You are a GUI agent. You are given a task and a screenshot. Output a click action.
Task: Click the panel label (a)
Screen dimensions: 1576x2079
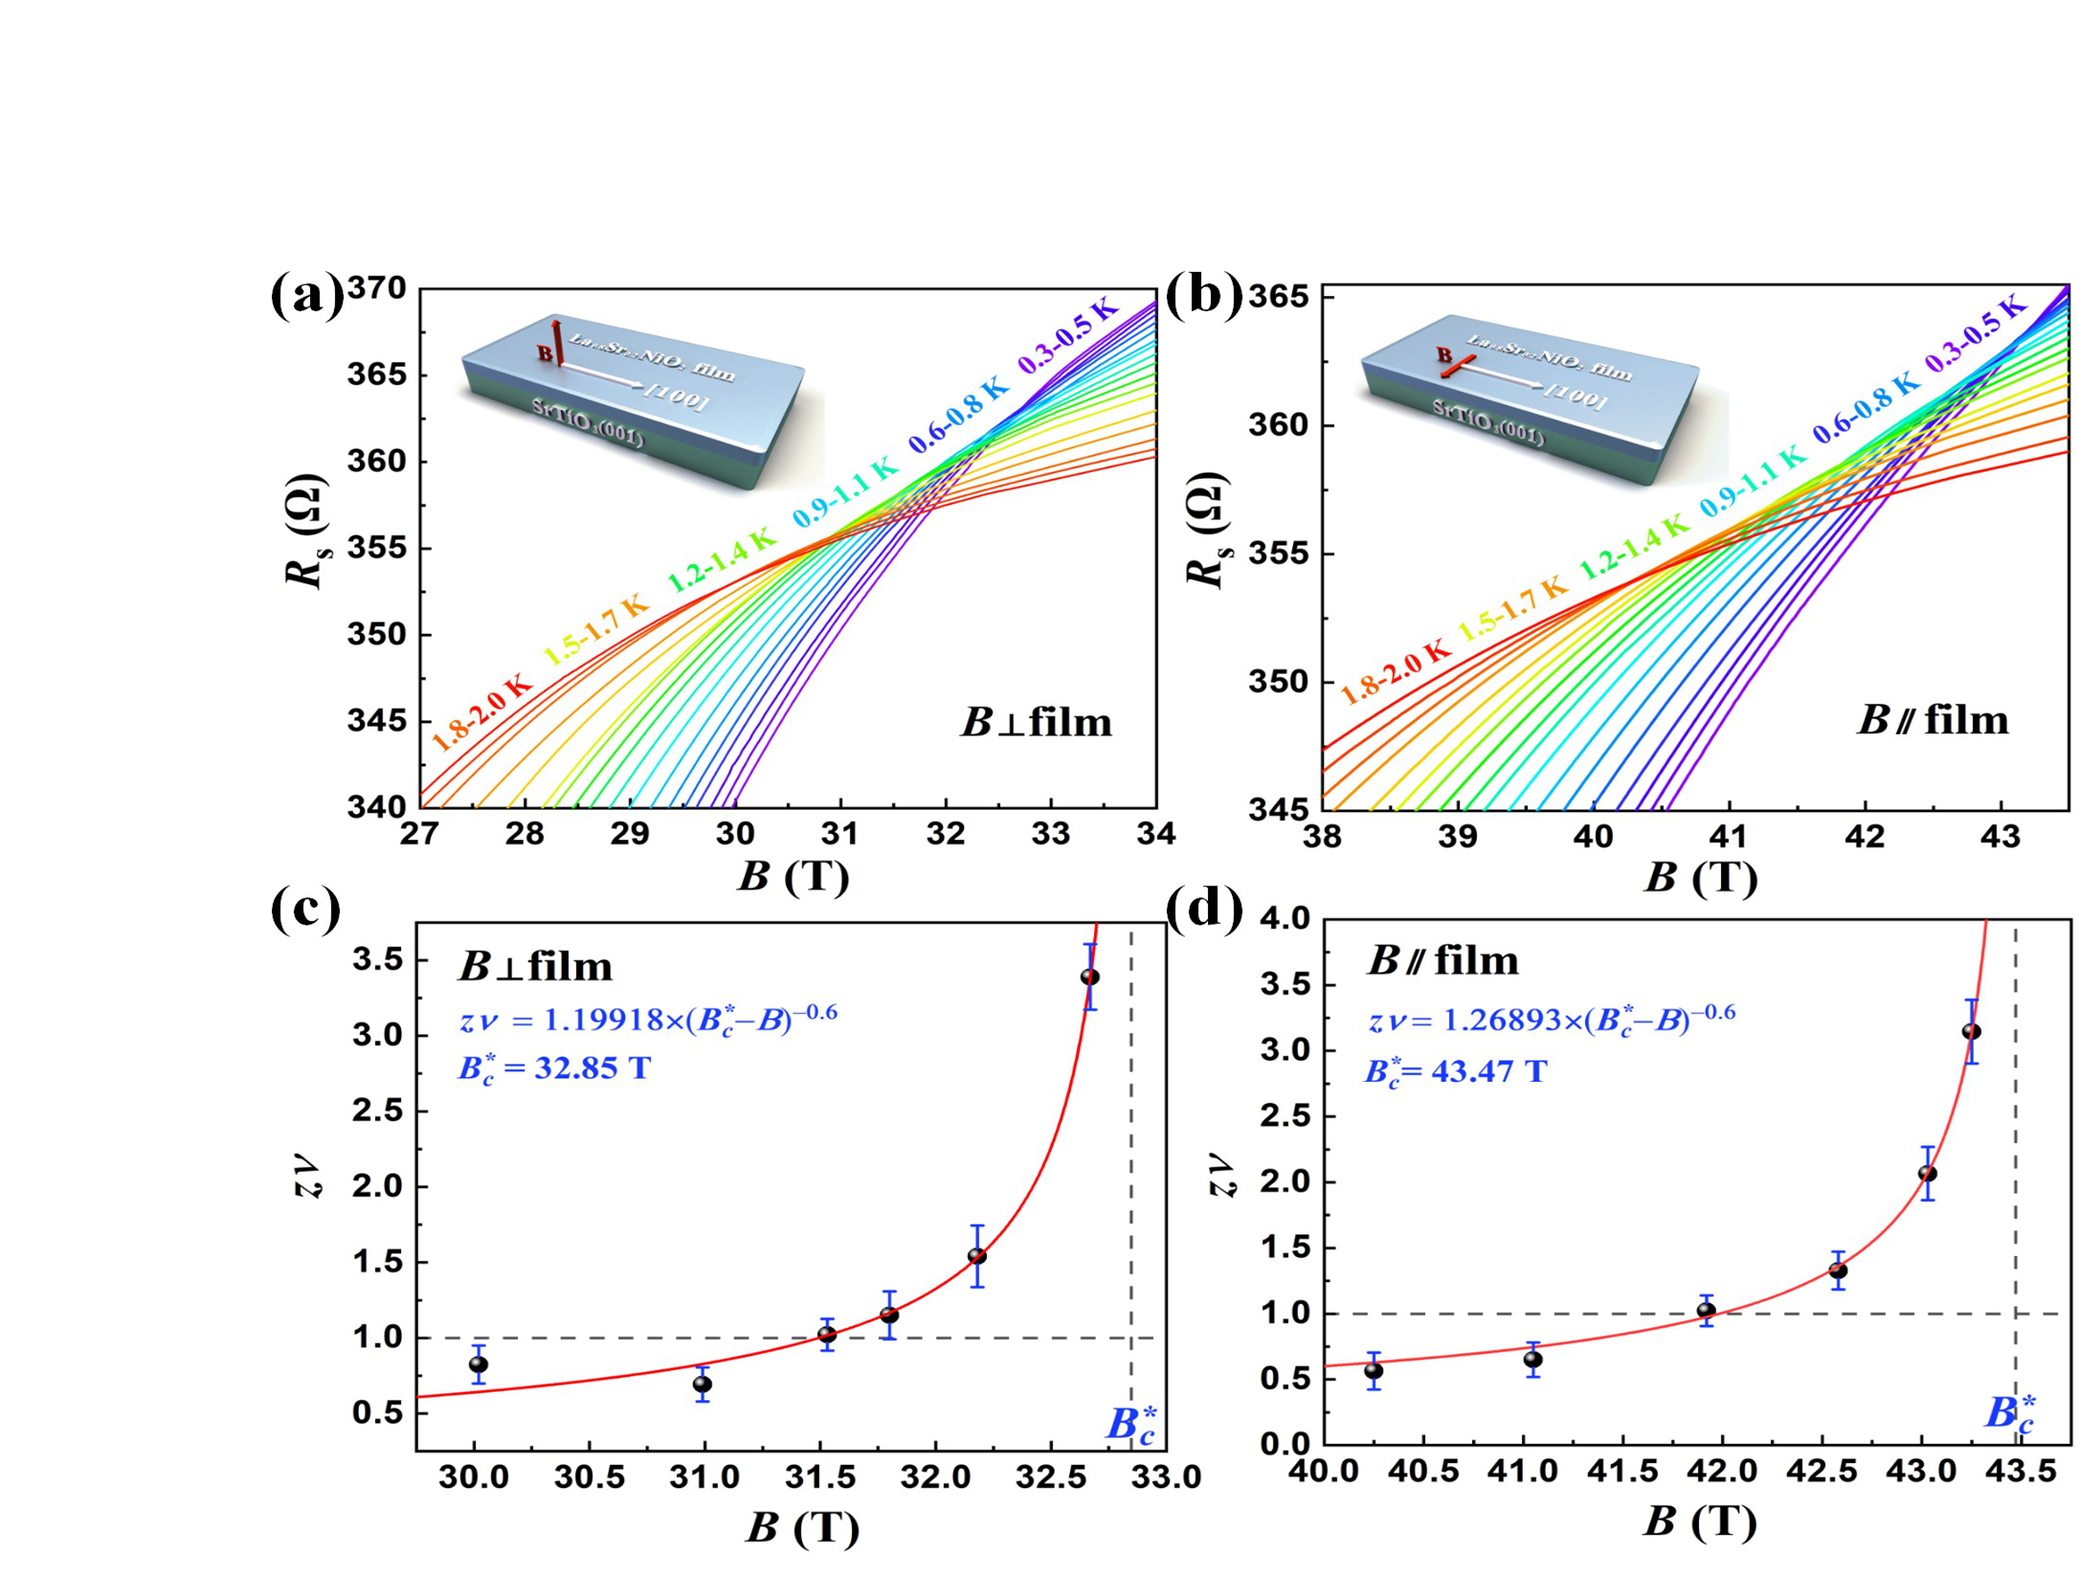[306, 297]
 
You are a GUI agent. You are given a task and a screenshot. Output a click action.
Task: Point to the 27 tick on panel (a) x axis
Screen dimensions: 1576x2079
[419, 835]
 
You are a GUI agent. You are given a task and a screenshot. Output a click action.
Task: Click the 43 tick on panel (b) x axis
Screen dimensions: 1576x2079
[2000, 837]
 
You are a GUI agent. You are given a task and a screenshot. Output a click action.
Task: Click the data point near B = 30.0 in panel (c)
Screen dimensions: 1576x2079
[479, 1364]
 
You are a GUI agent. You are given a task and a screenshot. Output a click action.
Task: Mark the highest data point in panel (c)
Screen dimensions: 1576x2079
[1089, 977]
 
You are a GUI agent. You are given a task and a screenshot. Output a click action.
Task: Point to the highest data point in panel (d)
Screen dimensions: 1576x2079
[1972, 1031]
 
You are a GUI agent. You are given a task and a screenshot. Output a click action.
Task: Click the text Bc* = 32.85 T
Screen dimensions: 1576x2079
[554, 1068]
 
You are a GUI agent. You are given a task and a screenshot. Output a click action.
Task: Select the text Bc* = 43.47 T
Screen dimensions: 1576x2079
[1455, 1071]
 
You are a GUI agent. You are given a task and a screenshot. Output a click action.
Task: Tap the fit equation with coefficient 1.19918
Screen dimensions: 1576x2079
[648, 1019]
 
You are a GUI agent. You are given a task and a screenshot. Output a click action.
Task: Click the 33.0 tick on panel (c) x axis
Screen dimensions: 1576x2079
[1165, 1477]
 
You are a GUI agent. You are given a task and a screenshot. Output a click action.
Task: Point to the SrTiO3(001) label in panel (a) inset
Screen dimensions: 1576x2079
[587, 423]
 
